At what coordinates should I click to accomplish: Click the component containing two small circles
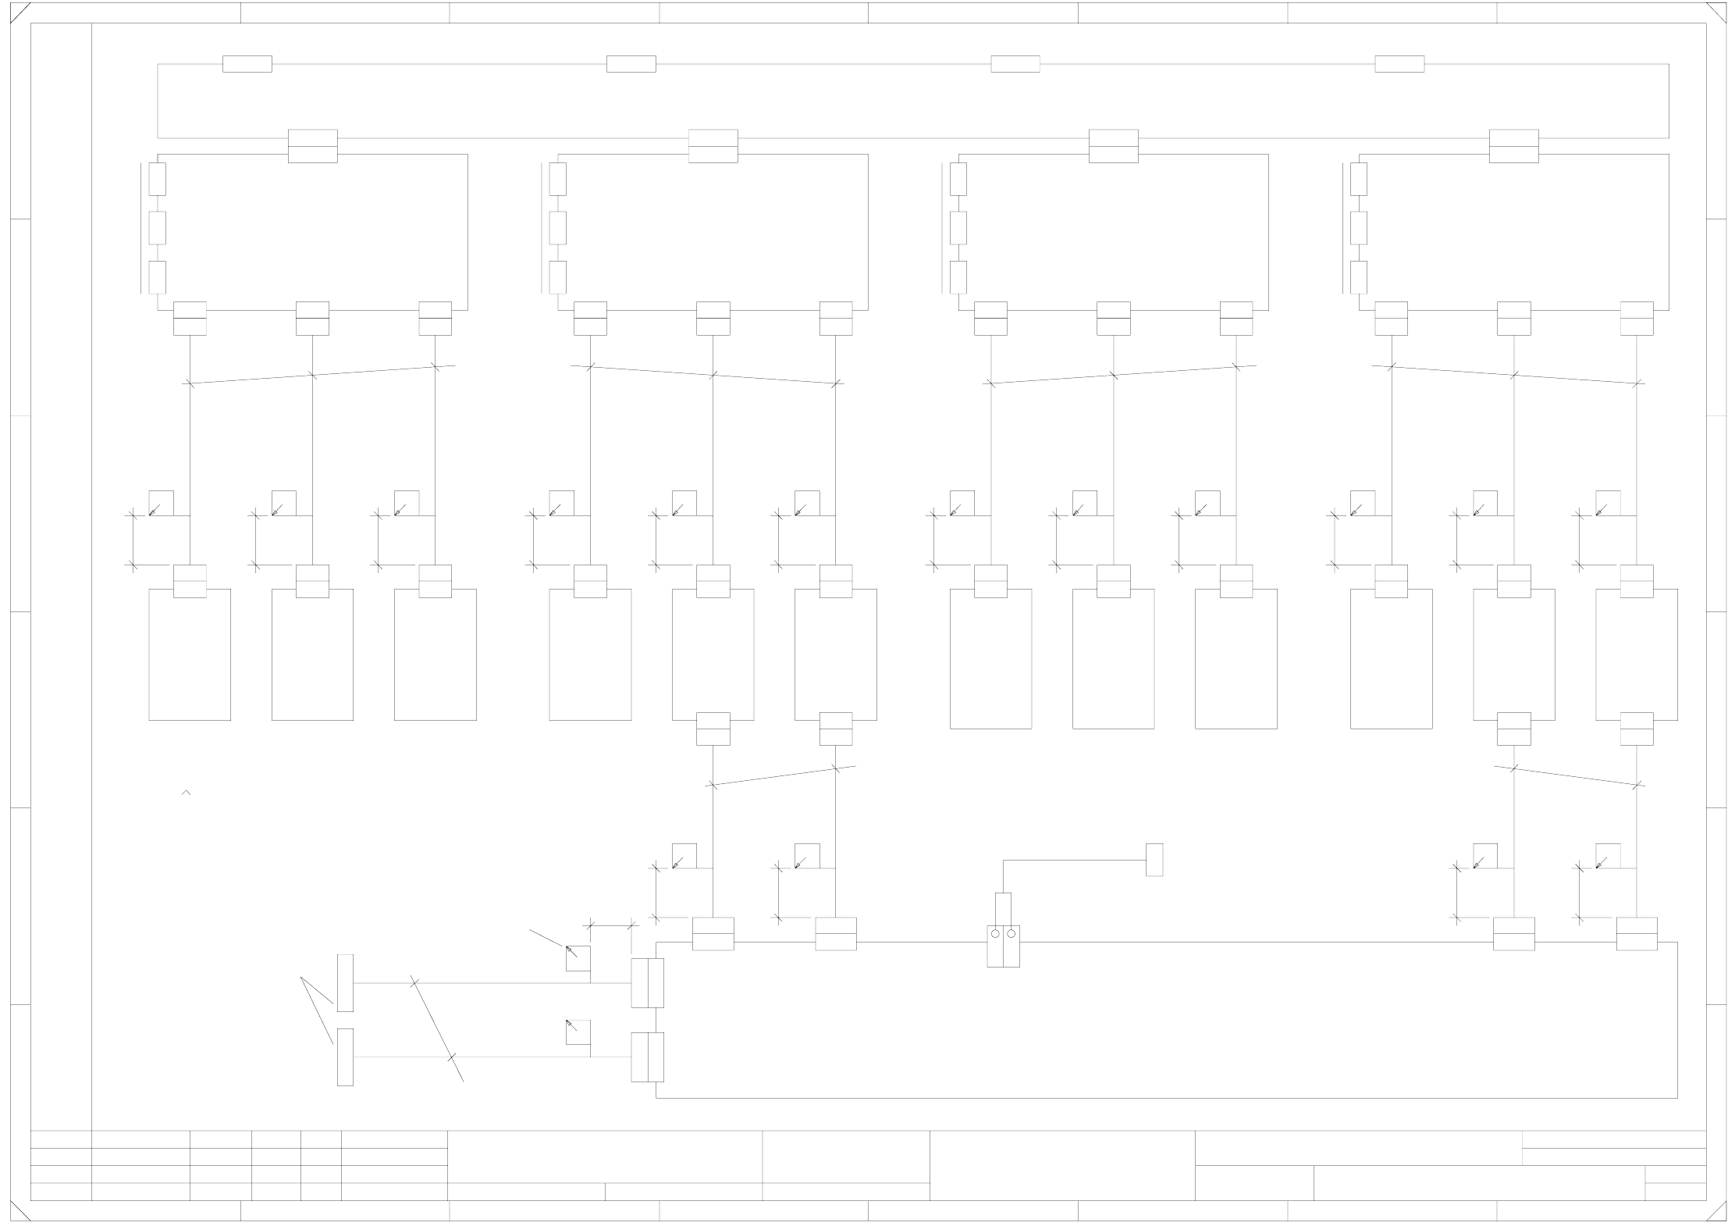[1003, 946]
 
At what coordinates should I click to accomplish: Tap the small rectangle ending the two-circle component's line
[1154, 859]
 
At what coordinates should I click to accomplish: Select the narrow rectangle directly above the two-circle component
[1003, 908]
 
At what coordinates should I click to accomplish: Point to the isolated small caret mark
[187, 793]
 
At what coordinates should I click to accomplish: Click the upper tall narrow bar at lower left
[345, 982]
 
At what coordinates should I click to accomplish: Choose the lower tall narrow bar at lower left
[345, 1057]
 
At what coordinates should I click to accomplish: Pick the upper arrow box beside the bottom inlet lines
[578, 958]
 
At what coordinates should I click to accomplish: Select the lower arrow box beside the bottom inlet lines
[578, 1032]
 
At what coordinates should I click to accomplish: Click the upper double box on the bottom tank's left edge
[647, 982]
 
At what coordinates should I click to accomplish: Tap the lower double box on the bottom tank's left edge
[647, 1057]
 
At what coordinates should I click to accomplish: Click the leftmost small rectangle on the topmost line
[247, 64]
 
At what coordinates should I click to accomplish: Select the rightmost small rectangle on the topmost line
[1399, 64]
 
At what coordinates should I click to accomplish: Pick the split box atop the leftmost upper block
[313, 146]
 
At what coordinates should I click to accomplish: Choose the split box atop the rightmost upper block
[1514, 146]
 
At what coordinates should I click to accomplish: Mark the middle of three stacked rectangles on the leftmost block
[158, 227]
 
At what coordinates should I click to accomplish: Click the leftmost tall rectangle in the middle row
[190, 654]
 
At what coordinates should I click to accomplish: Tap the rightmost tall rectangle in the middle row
[1637, 654]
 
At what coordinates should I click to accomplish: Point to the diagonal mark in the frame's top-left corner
[20, 13]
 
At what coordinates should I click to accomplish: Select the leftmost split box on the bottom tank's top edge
[713, 934]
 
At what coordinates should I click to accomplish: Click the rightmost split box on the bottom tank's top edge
[1637, 934]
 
